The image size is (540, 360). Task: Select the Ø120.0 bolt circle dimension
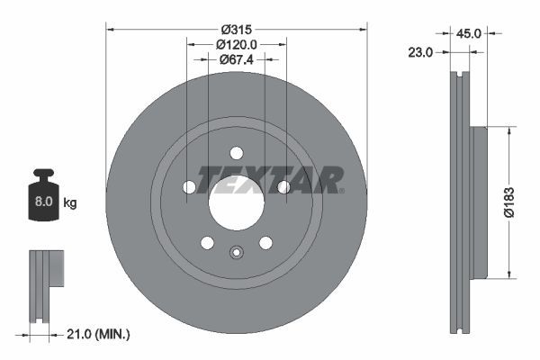(237, 43)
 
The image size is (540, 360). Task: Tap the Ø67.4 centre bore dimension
(237, 59)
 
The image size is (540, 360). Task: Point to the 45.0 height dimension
(470, 33)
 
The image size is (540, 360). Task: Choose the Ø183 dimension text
(508, 202)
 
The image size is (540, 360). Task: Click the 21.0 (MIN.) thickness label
(100, 335)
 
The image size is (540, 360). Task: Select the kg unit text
(70, 203)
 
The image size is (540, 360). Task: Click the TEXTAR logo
(270, 179)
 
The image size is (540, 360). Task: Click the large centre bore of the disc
(236, 201)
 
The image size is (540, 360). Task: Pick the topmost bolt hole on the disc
(237, 152)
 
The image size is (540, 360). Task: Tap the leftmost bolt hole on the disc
(189, 186)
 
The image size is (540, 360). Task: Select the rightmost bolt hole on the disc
(283, 186)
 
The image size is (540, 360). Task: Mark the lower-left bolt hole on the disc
(207, 243)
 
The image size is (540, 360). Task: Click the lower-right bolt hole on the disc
(265, 243)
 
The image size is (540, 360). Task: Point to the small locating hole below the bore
(237, 253)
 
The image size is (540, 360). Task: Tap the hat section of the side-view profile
(478, 202)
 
